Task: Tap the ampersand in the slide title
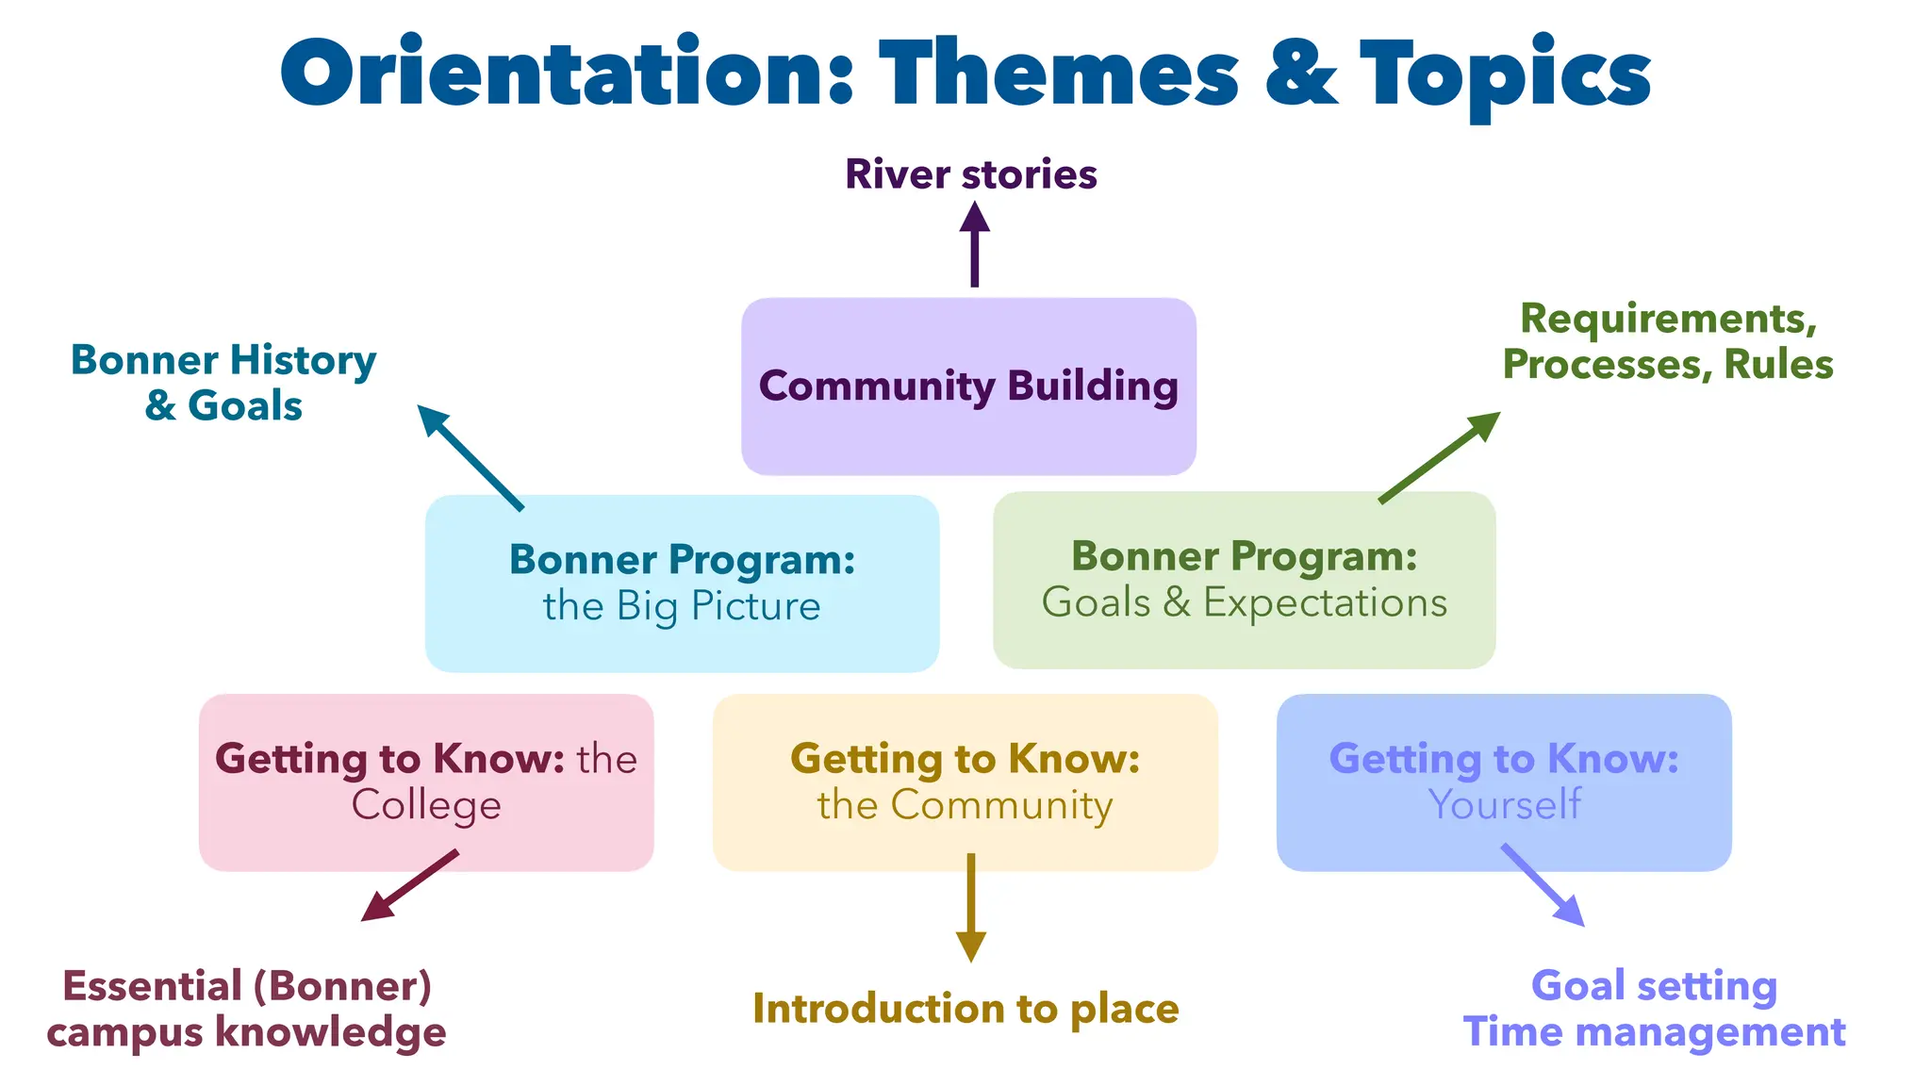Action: pyautogui.click(x=1300, y=74)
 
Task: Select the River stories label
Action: pyautogui.click(x=970, y=174)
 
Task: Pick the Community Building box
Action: pyautogui.click(x=968, y=387)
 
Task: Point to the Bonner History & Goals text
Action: pyautogui.click(x=223, y=383)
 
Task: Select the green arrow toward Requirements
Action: pyautogui.click(x=1439, y=456)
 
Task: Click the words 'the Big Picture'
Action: pyautogui.click(x=682, y=606)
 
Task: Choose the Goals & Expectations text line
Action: pyautogui.click(x=1244, y=602)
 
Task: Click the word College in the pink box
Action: pyautogui.click(x=426, y=805)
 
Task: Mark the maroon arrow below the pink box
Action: pyautogui.click(x=410, y=885)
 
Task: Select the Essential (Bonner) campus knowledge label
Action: pyautogui.click(x=246, y=1009)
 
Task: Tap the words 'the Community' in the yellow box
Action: pyautogui.click(x=965, y=805)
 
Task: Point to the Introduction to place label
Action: pyautogui.click(x=965, y=1009)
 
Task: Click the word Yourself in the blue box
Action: pyautogui.click(x=1504, y=805)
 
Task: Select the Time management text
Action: pyautogui.click(x=1654, y=1032)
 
